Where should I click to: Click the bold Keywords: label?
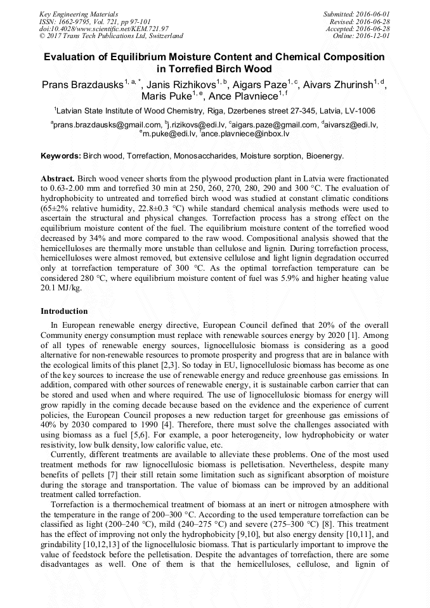tap(61, 155)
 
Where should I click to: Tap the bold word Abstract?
tap(58, 179)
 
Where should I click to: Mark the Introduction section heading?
tap(64, 311)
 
